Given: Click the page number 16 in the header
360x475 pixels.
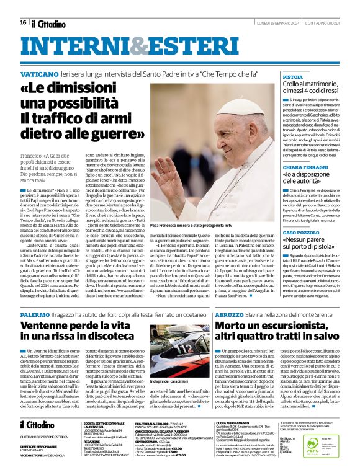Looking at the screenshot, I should [23, 22].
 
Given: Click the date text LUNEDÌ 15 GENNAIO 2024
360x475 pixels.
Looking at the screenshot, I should [269, 23].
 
